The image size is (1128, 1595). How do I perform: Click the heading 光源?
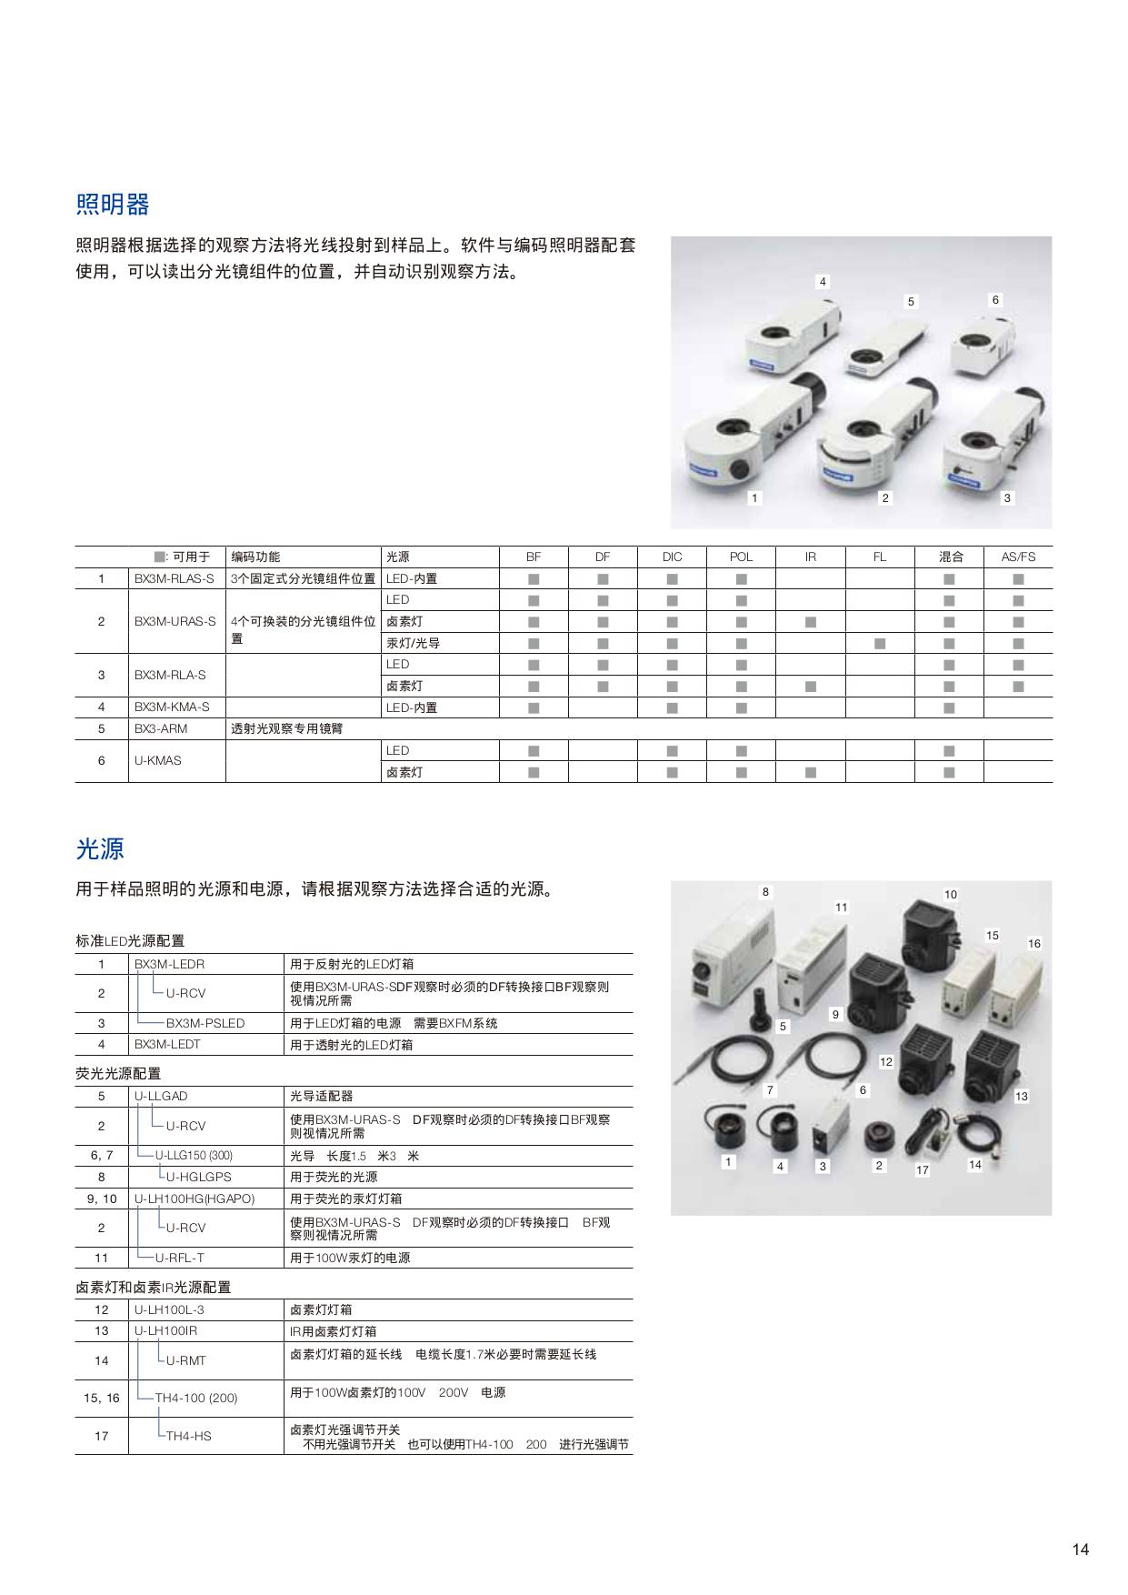click(x=99, y=849)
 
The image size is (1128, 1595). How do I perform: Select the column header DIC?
click(x=672, y=557)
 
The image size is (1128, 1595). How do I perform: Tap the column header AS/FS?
click(x=1018, y=557)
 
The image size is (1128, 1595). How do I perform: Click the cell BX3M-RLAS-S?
click(x=175, y=578)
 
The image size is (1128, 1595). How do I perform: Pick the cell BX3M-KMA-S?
click(x=172, y=707)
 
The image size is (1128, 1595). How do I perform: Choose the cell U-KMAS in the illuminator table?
click(x=158, y=760)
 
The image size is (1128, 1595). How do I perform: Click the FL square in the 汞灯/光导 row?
click(x=880, y=644)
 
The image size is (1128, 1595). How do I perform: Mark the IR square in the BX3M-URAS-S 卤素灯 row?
click(x=811, y=622)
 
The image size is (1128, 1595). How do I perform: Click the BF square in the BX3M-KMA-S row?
click(x=534, y=707)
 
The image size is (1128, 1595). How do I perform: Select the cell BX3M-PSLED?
click(x=205, y=1023)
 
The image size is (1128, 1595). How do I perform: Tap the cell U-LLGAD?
click(x=161, y=1096)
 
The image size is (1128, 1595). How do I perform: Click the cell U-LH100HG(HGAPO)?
click(x=195, y=1199)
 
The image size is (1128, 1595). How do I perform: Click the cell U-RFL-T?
click(x=180, y=1258)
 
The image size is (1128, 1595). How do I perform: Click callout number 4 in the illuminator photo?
click(x=823, y=282)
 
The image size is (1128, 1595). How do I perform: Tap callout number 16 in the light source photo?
click(x=1034, y=943)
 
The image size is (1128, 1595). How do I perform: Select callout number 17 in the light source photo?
click(x=923, y=1170)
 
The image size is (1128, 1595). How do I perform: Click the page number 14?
click(x=1080, y=1550)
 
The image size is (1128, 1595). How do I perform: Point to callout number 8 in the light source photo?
click(x=765, y=892)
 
